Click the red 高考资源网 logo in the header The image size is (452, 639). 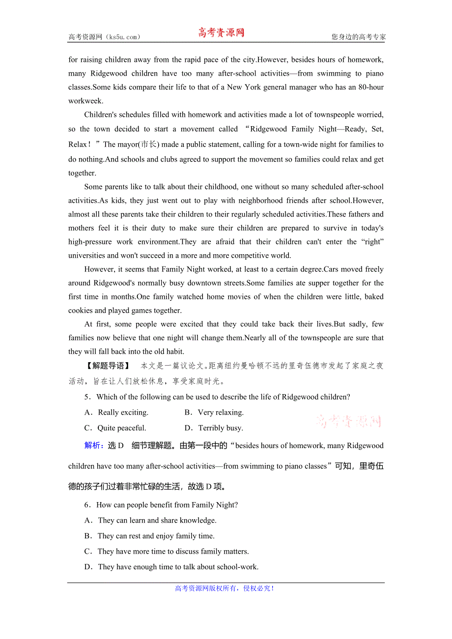coord(221,33)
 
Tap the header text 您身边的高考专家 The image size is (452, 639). coord(358,37)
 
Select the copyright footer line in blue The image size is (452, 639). coord(225,588)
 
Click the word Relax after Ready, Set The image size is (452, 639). coord(78,144)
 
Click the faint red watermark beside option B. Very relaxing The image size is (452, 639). coord(348,421)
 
